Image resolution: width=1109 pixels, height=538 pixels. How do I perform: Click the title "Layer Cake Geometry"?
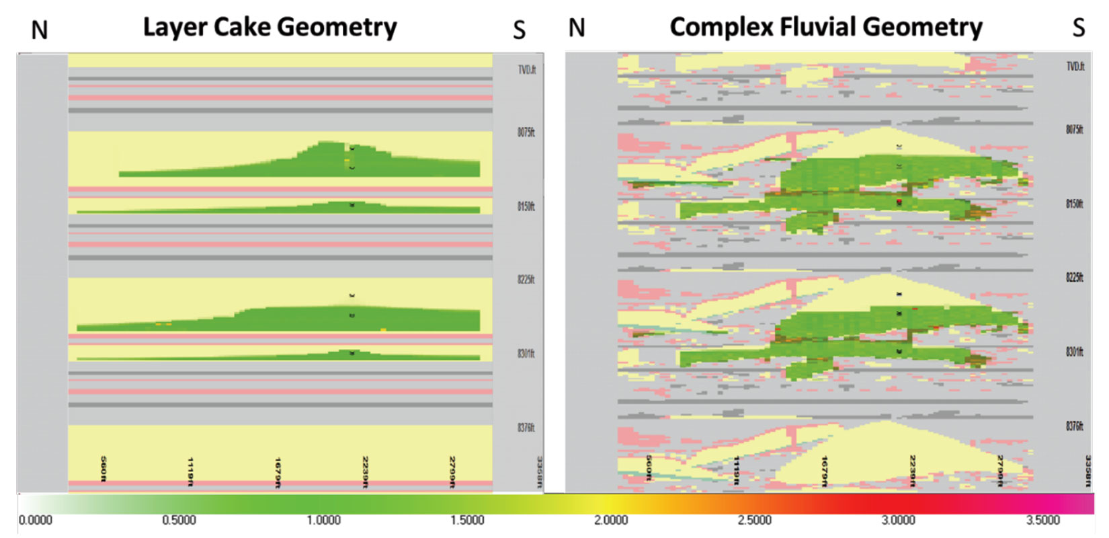[x=270, y=28]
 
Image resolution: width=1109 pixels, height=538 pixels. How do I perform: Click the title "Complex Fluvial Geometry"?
[x=825, y=28]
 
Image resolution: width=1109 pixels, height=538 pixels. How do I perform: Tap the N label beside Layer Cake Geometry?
[x=40, y=30]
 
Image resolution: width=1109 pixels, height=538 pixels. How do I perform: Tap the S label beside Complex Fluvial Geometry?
[x=1078, y=28]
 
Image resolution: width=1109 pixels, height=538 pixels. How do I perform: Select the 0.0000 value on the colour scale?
[x=36, y=520]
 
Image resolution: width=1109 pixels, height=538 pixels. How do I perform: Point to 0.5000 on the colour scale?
[x=179, y=520]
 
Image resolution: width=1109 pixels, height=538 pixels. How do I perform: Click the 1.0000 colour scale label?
[x=323, y=520]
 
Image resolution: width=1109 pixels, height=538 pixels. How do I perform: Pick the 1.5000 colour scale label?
[x=467, y=520]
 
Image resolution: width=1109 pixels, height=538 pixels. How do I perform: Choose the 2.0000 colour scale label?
[x=611, y=520]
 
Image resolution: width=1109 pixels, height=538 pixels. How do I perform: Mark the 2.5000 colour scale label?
[x=755, y=520]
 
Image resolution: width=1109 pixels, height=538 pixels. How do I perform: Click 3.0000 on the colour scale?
[x=899, y=520]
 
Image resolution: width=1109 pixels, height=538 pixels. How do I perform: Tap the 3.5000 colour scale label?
[x=1042, y=520]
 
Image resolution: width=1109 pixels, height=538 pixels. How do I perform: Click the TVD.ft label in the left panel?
[x=527, y=70]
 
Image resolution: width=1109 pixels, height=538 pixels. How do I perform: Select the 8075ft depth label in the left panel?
[x=526, y=132]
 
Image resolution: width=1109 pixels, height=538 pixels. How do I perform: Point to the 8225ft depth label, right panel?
[x=1075, y=277]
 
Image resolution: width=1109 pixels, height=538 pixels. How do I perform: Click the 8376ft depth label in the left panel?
[x=526, y=428]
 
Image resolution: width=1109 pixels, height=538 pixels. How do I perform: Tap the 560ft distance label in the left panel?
[x=103, y=468]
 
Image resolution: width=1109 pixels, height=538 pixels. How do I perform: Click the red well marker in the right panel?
[x=899, y=201]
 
